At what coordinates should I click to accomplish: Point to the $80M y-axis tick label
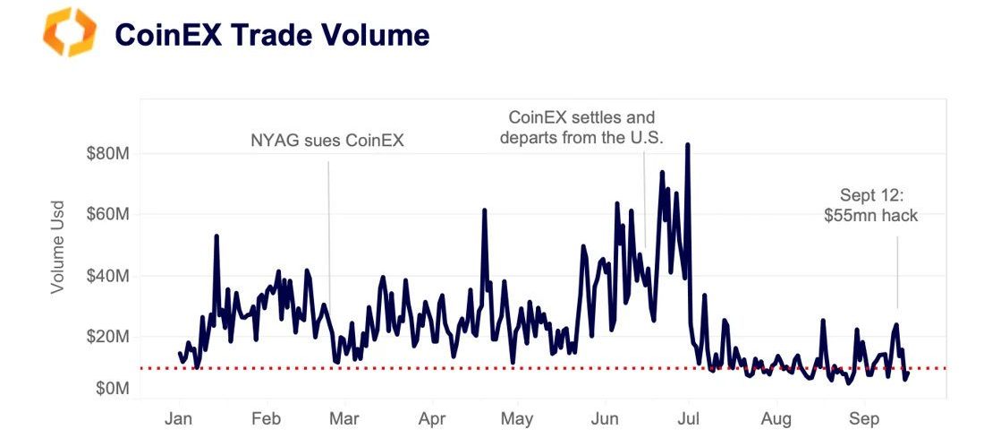108,153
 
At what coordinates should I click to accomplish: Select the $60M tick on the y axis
108,214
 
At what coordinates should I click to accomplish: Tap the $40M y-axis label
108,275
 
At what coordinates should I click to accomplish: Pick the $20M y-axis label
108,336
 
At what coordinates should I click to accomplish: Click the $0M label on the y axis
112,389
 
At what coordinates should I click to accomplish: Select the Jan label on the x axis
180,419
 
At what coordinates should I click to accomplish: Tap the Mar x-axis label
344,419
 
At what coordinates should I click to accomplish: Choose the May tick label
517,419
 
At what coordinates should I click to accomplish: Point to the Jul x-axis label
690,419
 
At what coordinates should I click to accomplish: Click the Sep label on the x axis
863,419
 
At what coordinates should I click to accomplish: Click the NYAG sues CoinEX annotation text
327,141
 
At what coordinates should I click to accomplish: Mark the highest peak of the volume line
687,144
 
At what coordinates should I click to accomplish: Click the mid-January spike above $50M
216,236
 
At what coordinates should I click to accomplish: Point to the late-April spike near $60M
484,210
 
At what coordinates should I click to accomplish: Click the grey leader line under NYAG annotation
328,233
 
